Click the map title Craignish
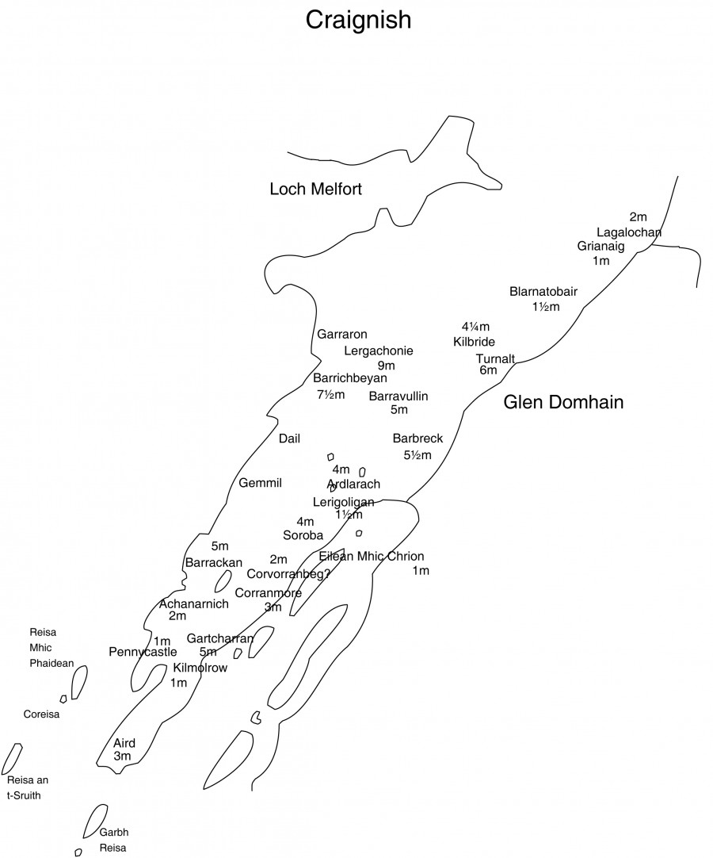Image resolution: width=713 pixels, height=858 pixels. [359, 21]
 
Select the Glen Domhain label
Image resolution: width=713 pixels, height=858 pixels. [563, 402]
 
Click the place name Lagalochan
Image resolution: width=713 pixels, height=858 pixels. [629, 232]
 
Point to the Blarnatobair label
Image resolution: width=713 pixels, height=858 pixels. [543, 292]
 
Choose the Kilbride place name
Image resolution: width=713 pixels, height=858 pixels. [474, 342]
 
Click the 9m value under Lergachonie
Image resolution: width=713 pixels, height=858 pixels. [387, 366]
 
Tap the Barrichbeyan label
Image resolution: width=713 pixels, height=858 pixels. [350, 377]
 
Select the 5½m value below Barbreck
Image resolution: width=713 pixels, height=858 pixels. [418, 454]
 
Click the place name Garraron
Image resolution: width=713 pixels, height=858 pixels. [342, 335]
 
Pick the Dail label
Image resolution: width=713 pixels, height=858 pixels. [289, 439]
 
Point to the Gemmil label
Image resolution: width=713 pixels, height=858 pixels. [261, 483]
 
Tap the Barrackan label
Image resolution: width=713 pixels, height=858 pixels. [214, 562]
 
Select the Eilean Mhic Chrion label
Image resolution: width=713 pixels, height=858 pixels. [372, 556]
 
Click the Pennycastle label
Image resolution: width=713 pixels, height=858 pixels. [143, 652]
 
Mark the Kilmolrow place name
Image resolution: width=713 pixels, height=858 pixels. [200, 668]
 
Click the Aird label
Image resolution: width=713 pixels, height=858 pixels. [124, 743]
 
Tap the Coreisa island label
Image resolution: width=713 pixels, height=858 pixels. [41, 714]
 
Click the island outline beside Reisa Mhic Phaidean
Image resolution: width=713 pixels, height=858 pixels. [79, 682]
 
